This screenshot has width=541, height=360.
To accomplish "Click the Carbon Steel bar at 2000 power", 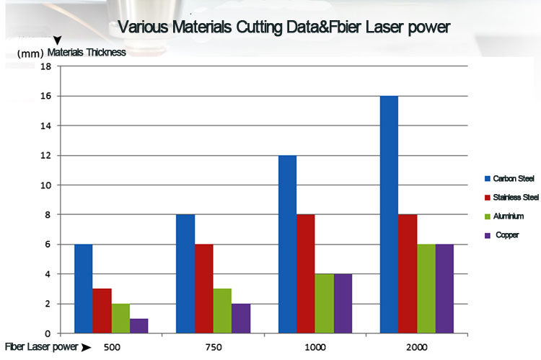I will point(389,214).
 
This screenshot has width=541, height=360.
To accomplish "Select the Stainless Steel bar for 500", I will point(102,311).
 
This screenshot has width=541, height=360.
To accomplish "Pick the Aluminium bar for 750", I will point(222,311).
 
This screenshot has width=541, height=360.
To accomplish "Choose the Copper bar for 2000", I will point(445,289).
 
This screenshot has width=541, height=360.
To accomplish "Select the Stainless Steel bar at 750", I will point(204,289).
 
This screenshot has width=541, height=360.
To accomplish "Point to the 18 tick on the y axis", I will point(47,66).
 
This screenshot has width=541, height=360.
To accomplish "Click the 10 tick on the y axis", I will point(47,185).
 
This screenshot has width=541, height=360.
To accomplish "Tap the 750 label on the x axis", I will point(214,347).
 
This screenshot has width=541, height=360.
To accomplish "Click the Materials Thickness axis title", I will point(87,52).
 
